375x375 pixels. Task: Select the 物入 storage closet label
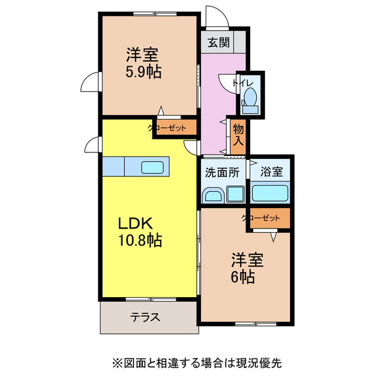[238, 134]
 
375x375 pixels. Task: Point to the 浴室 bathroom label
[271, 172]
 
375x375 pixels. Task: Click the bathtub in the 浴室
[270, 193]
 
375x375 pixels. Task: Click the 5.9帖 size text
[144, 72]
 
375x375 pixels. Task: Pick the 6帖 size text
[243, 277]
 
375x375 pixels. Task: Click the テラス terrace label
[145, 317]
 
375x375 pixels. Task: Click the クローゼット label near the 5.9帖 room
[166, 128]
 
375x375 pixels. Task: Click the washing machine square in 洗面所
[236, 193]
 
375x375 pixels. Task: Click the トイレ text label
[242, 83]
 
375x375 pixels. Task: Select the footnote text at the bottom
[187, 362]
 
